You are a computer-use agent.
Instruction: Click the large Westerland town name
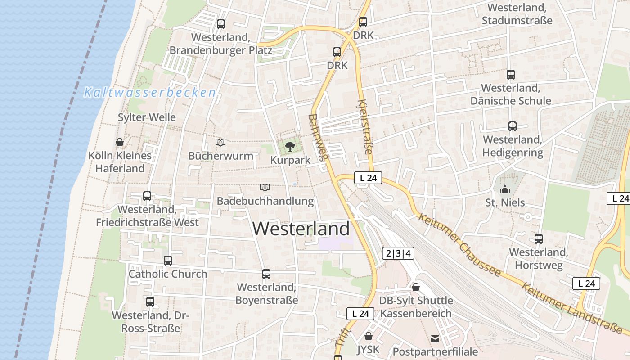pyautogui.click(x=301, y=229)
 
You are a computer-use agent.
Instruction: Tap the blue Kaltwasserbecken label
pyautogui.click(x=150, y=93)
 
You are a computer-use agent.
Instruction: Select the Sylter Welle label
pyautogui.click(x=147, y=117)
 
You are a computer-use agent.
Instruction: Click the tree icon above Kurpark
pyautogui.click(x=290, y=146)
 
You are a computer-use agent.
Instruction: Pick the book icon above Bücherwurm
pyautogui.click(x=220, y=142)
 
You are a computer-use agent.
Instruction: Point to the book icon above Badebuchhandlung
pyautogui.click(x=265, y=187)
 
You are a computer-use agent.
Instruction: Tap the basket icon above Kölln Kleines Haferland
pyautogui.click(x=120, y=142)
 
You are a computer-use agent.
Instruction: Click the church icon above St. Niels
pyautogui.click(x=505, y=189)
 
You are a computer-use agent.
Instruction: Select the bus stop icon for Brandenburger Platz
pyautogui.click(x=220, y=24)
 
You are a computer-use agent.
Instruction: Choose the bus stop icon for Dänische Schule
pyautogui.click(x=511, y=74)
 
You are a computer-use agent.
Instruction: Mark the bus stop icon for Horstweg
pyautogui.click(x=539, y=238)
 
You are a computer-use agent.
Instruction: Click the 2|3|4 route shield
pyautogui.click(x=399, y=253)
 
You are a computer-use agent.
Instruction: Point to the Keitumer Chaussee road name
pyautogui.click(x=459, y=245)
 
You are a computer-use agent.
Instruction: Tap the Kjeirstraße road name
pyautogui.click(x=366, y=128)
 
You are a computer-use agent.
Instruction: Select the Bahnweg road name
pyautogui.click(x=319, y=137)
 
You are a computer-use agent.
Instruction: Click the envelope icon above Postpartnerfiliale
pyautogui.click(x=435, y=338)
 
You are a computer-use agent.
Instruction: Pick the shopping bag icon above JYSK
pyautogui.click(x=369, y=336)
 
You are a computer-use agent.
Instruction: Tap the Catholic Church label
pyautogui.click(x=168, y=274)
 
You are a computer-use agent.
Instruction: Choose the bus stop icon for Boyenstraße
pyautogui.click(x=266, y=274)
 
